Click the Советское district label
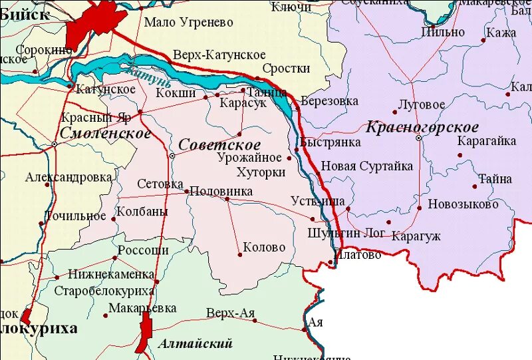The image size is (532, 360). pos(219,144)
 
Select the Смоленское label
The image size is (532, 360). pos(105,133)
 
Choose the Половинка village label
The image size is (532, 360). pos(221,191)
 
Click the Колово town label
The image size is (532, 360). pos(264,248)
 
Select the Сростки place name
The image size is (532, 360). pos(286,69)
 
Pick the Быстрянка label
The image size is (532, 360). pos(331,142)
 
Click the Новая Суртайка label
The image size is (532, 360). pos(367,166)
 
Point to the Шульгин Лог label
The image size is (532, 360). pos(346,234)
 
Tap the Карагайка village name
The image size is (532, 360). pos(487,141)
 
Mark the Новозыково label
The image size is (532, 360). pos(463,204)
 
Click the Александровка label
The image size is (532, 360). pos(68,178)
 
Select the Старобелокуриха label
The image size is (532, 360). pos(104,291)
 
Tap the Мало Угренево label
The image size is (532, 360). pos(189,23)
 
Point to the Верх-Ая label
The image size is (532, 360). pos(230,313)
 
